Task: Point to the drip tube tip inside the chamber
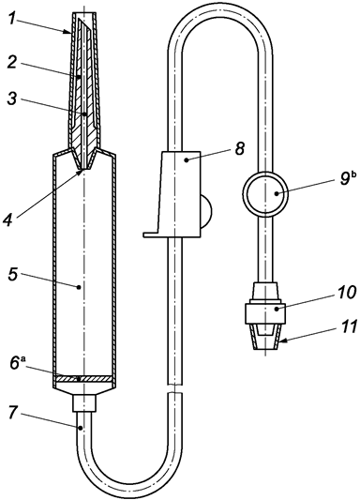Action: tap(84, 168)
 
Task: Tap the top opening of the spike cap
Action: tap(83, 15)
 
